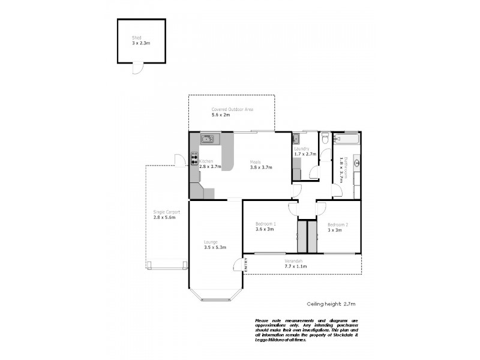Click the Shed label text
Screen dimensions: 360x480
136,37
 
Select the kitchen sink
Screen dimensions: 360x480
207,139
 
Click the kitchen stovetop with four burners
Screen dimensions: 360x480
194,159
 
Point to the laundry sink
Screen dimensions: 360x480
296,139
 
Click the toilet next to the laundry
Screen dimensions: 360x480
325,139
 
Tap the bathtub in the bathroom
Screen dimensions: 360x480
347,139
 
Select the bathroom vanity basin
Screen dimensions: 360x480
356,163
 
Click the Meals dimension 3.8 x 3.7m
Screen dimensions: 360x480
261,167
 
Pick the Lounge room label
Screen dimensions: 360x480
210,242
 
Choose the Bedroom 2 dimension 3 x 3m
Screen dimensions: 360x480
335,229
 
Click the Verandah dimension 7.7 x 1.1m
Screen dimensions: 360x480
295,266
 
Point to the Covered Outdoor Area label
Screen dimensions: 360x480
232,109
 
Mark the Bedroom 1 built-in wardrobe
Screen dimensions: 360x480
302,238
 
